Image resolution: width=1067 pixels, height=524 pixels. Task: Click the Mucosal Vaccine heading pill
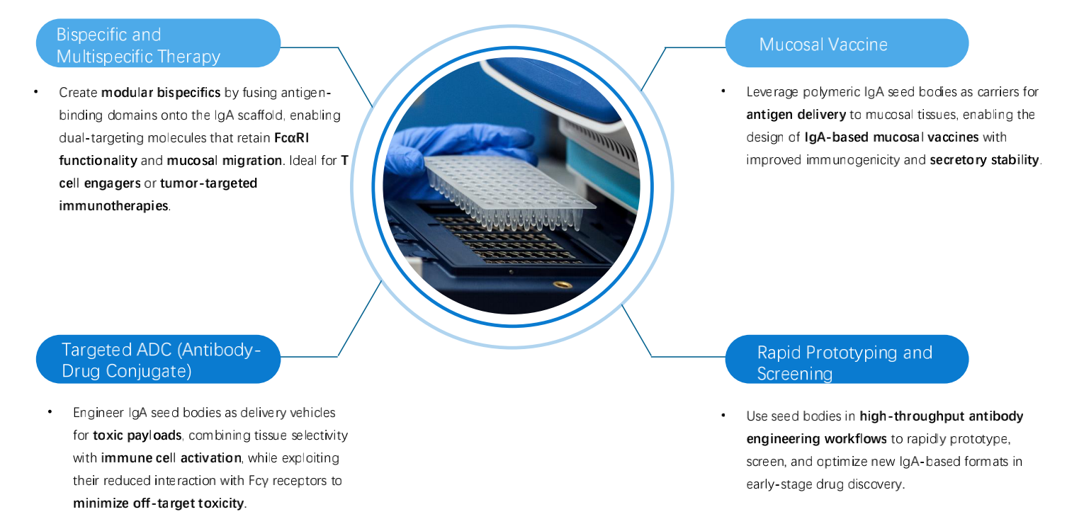tap(847, 42)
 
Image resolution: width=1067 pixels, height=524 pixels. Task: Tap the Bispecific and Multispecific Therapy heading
tap(138, 45)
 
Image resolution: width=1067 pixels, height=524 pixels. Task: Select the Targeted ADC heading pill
tap(158, 359)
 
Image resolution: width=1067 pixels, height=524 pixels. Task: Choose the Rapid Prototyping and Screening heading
tap(845, 363)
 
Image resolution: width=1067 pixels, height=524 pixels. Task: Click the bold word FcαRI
tap(291, 138)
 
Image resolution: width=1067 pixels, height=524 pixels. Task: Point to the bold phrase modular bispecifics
tap(161, 92)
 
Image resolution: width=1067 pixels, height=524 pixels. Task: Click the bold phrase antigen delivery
tap(796, 115)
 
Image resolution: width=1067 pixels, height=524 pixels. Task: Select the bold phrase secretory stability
tap(984, 160)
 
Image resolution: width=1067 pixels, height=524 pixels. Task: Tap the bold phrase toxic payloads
tap(137, 435)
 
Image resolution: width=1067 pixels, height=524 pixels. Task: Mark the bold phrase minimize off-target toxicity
tap(158, 503)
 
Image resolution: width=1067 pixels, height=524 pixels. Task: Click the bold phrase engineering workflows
tap(816, 439)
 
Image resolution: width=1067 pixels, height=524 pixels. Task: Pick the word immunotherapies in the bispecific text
tap(113, 205)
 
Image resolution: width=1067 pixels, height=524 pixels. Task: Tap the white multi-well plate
tap(509, 190)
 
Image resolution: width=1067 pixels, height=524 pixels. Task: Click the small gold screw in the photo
tap(563, 285)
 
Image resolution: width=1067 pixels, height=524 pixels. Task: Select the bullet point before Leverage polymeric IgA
tap(723, 91)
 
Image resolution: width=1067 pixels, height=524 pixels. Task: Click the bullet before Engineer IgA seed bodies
tap(50, 411)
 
